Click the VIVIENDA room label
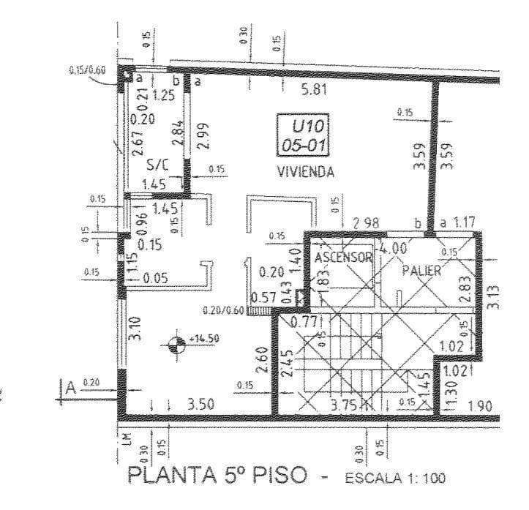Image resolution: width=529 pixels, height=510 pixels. click(305, 173)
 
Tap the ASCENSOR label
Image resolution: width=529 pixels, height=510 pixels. click(344, 258)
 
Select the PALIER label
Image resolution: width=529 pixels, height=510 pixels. click(421, 270)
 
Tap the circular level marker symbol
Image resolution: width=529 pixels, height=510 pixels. click(176, 345)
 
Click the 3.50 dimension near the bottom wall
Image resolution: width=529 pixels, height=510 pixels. click(200, 404)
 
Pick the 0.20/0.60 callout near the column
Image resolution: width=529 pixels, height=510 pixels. click(224, 310)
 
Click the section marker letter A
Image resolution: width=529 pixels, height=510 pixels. click(71, 387)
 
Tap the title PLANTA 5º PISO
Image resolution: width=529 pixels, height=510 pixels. click(218, 476)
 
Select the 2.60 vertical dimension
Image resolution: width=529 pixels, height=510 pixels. click(261, 359)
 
